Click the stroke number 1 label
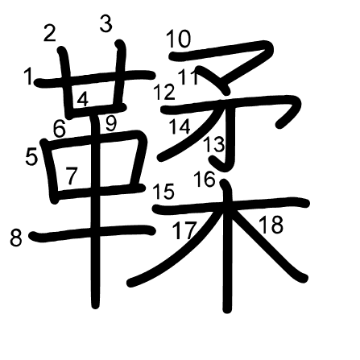tap(29, 77)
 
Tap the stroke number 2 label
tap(50, 33)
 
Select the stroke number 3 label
tap(106, 24)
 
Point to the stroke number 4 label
tap(83, 100)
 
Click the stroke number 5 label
tap(31, 156)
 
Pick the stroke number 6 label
tap(60, 127)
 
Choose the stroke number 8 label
tap(16, 238)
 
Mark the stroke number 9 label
tap(111, 123)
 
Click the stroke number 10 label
tap(178, 38)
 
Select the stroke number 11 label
tap(189, 78)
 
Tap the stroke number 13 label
tap(214, 145)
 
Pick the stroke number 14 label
tap(180, 126)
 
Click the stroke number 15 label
tap(163, 191)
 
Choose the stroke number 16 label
tap(205, 179)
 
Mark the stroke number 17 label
tap(184, 230)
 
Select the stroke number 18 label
tap(271, 225)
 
